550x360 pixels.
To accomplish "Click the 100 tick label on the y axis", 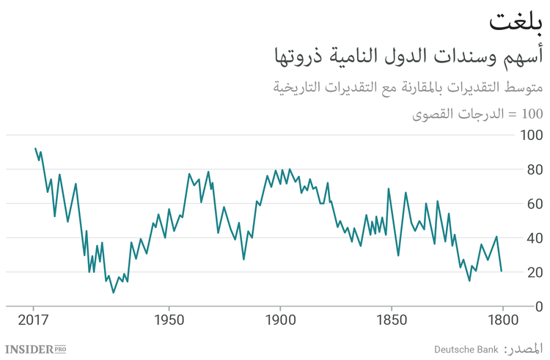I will click(531, 136).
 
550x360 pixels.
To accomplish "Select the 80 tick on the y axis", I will click(534, 170).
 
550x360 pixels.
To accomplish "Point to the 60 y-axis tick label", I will click(534, 204).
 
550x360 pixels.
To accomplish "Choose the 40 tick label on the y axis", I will click(534, 238).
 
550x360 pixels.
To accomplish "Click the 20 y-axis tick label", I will click(534, 273).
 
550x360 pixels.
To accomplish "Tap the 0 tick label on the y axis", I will click(538, 306).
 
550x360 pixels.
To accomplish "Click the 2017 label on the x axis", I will click(34, 321).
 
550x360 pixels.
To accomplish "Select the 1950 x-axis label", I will click(169, 321).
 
